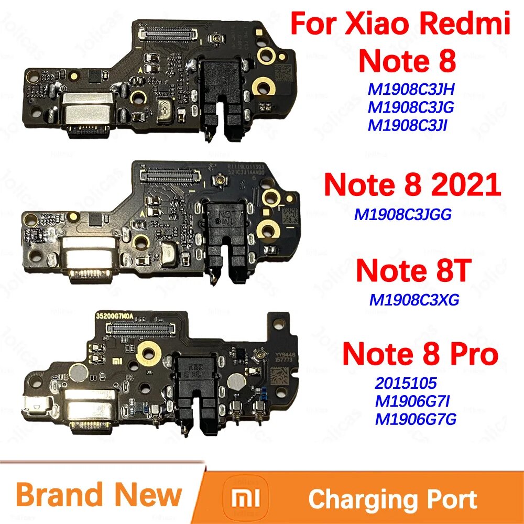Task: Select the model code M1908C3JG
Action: (410, 107)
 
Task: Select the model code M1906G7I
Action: (411, 401)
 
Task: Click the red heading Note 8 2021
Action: (412, 185)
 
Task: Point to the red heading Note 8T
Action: (412, 271)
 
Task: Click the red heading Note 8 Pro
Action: (419, 355)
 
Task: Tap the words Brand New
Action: (99, 495)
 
